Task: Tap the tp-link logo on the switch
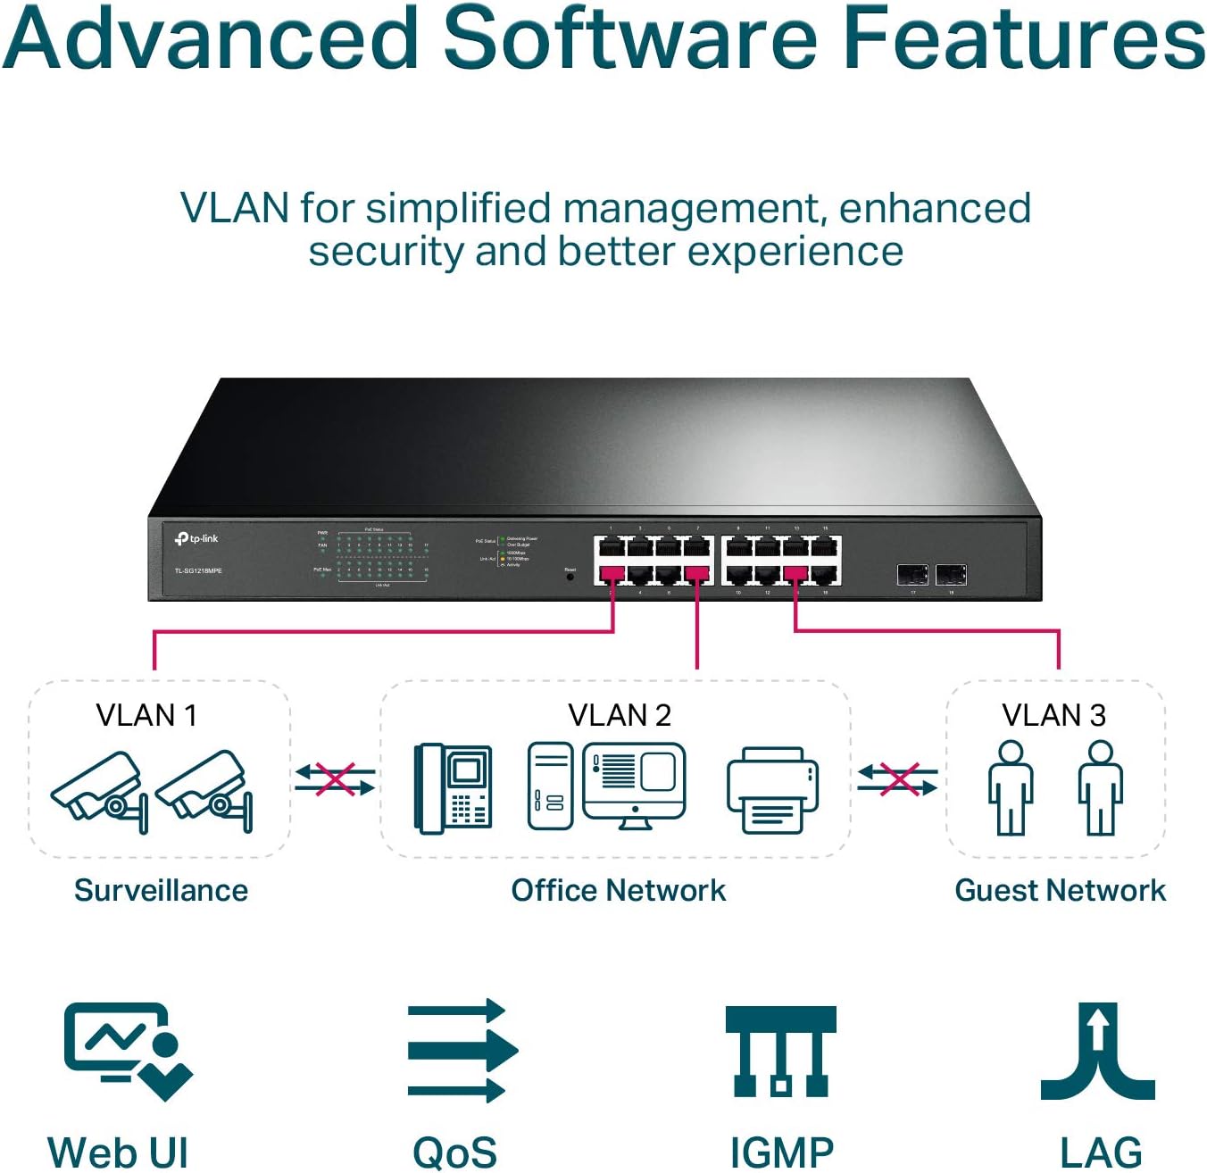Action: [196, 538]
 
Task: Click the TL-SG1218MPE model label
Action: [198, 570]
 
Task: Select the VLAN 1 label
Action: [146, 715]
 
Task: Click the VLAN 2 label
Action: [619, 715]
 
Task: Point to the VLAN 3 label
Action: [1053, 715]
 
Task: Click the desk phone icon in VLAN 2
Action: [454, 787]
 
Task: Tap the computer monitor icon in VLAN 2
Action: [634, 784]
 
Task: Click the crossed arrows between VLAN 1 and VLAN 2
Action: [335, 779]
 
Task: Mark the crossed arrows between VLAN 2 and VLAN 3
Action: [897, 779]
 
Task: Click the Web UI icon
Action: [128, 1050]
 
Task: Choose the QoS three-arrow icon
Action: [461, 1050]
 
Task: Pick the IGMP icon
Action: [780, 1051]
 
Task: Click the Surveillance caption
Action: [161, 890]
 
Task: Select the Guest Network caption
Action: [1060, 890]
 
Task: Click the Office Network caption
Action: [618, 890]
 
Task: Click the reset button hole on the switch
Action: [570, 578]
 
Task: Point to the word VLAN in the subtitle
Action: [235, 208]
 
